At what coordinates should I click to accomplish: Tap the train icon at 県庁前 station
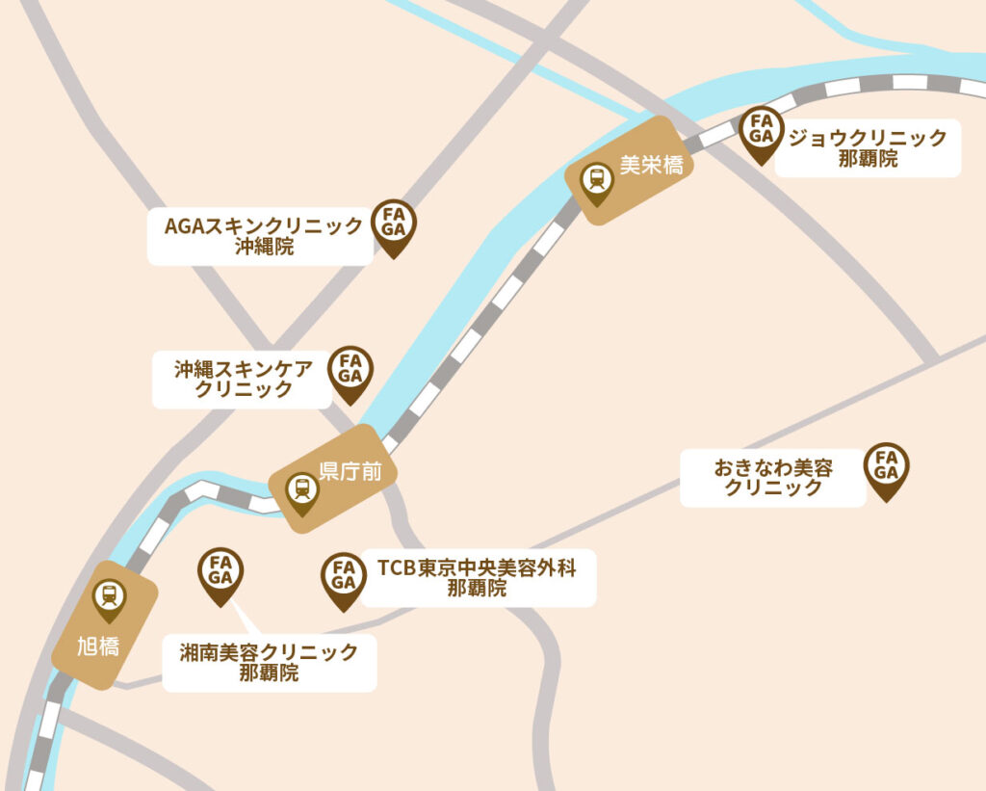302,490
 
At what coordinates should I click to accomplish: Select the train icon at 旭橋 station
109,597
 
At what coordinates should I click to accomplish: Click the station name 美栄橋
651,166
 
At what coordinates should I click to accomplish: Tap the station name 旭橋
98,646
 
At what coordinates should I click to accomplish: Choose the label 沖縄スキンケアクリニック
244,379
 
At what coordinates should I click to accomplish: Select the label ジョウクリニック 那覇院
867,147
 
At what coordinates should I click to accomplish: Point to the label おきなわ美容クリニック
773,478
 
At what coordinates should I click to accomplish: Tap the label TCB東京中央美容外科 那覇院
478,578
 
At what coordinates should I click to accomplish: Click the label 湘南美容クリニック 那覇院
269,663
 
